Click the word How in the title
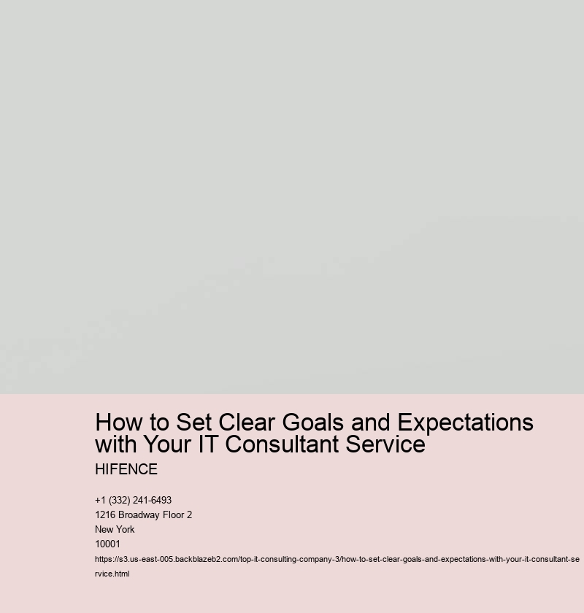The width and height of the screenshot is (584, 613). [x=119, y=423]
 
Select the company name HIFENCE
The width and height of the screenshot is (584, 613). [x=126, y=469]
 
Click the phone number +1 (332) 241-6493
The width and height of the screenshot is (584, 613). [x=134, y=500]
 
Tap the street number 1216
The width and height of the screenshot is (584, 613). [x=106, y=514]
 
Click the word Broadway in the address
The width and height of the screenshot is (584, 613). [x=140, y=514]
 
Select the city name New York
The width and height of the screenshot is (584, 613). [x=115, y=529]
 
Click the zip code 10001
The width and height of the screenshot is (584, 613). [x=107, y=544]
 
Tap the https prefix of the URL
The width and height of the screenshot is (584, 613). [x=104, y=560]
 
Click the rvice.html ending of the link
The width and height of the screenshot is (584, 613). [x=112, y=574]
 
